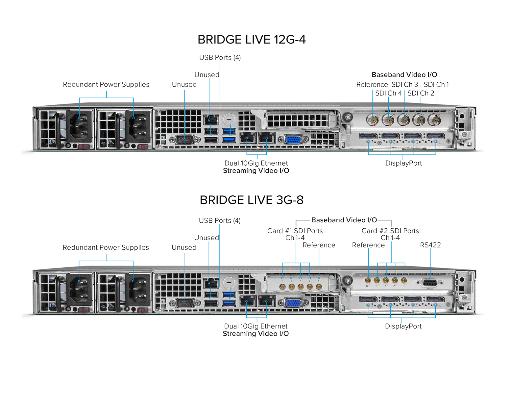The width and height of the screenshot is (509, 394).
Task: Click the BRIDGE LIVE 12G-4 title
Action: point(252,40)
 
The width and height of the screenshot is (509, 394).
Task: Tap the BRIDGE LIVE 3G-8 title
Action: point(252,200)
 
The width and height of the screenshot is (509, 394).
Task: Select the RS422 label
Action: point(430,245)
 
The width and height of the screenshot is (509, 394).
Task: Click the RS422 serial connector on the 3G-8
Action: point(430,283)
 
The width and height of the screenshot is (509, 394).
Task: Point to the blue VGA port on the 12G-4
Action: point(294,139)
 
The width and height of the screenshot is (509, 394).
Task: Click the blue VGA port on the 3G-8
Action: point(294,302)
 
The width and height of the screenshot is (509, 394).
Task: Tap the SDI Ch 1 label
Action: point(436,85)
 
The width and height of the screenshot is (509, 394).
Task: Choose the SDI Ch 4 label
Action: point(388,93)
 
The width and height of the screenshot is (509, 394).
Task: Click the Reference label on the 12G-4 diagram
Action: point(372,85)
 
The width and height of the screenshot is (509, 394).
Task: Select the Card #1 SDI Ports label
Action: point(295,231)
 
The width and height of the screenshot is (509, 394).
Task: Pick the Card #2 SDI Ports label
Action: point(390,231)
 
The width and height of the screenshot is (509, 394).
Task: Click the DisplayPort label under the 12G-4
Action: point(403,163)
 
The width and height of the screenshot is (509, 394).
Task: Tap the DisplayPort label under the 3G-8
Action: point(403,326)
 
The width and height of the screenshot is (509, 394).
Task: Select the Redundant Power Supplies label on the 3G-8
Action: point(106,248)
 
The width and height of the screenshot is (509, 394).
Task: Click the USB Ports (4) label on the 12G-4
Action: point(220,58)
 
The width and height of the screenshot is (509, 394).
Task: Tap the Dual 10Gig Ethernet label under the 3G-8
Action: point(256,326)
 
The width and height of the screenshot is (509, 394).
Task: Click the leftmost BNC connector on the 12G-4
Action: point(373,120)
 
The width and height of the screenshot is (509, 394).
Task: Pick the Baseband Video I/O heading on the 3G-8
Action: point(344,220)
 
